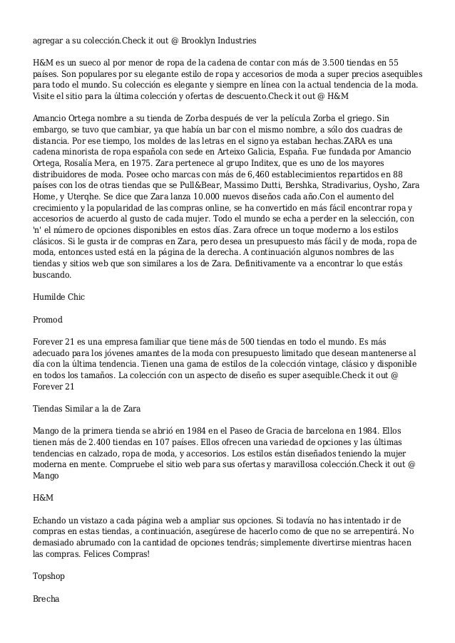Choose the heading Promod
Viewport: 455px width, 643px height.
click(48, 320)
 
